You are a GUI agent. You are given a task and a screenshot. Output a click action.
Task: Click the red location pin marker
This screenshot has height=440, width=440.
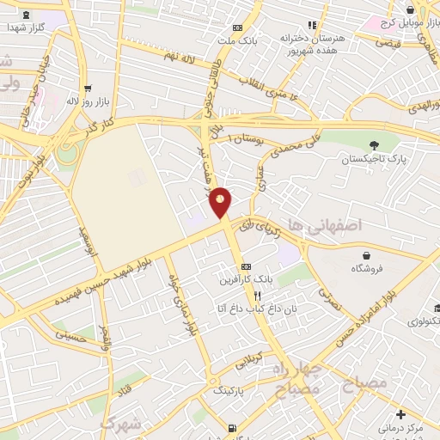[x=221, y=202]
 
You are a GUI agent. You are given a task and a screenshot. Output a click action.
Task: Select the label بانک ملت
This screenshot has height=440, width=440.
[x=237, y=40]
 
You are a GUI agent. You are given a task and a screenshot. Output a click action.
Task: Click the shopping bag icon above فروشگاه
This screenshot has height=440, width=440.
[x=368, y=255]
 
